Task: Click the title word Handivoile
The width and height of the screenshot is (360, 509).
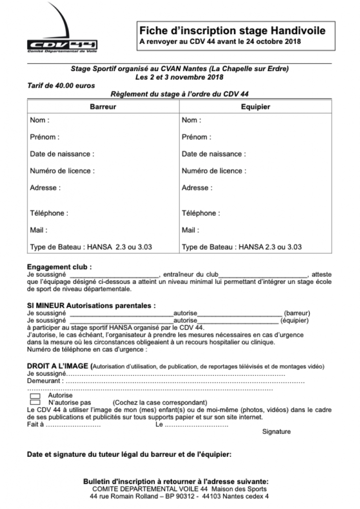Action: coord(294,30)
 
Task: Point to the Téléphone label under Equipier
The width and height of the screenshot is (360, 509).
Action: coord(201,213)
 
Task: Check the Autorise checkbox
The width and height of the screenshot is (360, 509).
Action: coord(35,395)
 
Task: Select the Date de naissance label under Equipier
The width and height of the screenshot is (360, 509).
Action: coord(214,154)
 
